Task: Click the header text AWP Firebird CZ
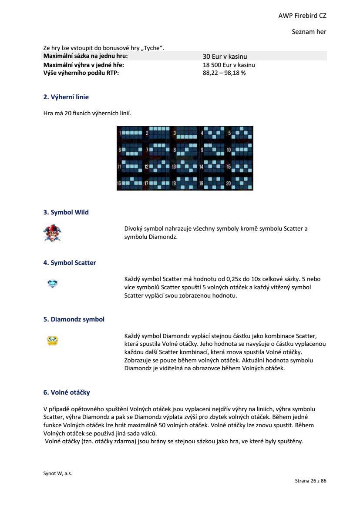(x=302, y=16)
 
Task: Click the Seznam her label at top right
(x=309, y=32)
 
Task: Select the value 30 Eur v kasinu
(x=225, y=57)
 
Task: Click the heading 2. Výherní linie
(x=66, y=97)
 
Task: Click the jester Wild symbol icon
(x=52, y=233)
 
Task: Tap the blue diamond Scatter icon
(x=52, y=284)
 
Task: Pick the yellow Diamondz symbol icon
(x=52, y=340)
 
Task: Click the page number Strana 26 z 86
(x=310, y=481)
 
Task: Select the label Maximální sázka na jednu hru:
(x=86, y=57)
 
